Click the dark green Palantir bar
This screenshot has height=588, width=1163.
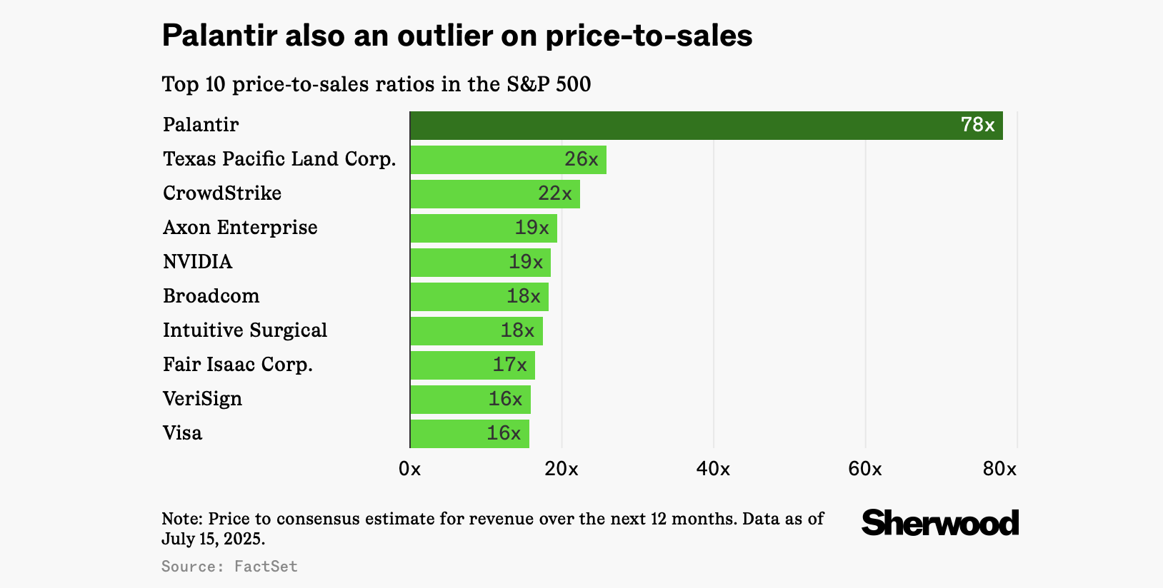pyautogui.click(x=706, y=126)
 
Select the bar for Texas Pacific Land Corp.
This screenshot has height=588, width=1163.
pyautogui.click(x=508, y=160)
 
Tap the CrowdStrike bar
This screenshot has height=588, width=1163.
pyautogui.click(x=494, y=194)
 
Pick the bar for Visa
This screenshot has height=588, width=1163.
pyautogui.click(x=469, y=434)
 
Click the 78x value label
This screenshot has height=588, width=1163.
pyautogui.click(x=977, y=125)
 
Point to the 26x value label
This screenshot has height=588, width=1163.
pyautogui.click(x=581, y=159)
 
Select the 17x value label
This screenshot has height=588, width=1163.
pyautogui.click(x=509, y=365)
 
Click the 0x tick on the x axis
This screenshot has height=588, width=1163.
pyautogui.click(x=410, y=469)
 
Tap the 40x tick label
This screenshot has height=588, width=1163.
pyautogui.click(x=713, y=469)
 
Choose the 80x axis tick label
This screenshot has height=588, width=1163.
pyautogui.click(x=999, y=469)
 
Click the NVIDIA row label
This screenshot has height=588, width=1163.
pyautogui.click(x=197, y=262)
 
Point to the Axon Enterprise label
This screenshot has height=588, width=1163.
pyautogui.click(x=240, y=228)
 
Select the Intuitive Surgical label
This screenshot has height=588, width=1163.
pyautogui.click(x=245, y=330)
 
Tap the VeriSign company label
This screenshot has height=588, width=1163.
pyautogui.click(x=202, y=399)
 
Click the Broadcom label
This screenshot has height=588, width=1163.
pyautogui.click(x=211, y=296)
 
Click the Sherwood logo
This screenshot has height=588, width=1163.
pyautogui.click(x=939, y=523)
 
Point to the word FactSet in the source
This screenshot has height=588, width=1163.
pyautogui.click(x=266, y=567)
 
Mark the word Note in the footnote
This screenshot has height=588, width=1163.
pyautogui.click(x=181, y=519)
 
